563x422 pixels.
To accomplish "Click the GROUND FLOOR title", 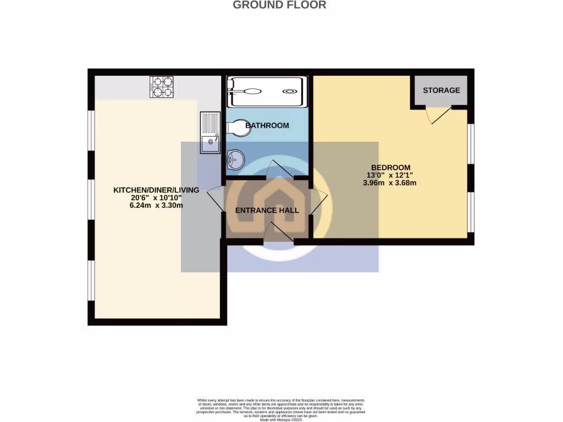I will point(279,5).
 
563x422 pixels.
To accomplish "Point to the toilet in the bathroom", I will point(236,128).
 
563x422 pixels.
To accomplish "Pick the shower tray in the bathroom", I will point(266,92).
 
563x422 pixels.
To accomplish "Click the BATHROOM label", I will point(267,126).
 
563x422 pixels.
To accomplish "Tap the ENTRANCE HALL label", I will point(267,210).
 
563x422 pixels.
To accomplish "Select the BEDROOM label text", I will point(390,168).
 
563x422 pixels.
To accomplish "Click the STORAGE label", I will point(441,90).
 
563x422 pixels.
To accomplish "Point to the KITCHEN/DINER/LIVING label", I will point(156,190).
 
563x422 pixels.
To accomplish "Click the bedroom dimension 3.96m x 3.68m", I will point(390,183).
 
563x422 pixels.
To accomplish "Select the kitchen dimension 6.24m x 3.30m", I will point(156,206).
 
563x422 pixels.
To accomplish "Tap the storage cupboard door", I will point(439,114).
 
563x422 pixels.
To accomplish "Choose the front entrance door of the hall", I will point(278,233).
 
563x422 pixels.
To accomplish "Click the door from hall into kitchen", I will point(216,201).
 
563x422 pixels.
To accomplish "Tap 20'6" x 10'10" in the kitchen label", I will point(156,198).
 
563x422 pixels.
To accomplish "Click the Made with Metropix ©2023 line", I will point(281,419).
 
